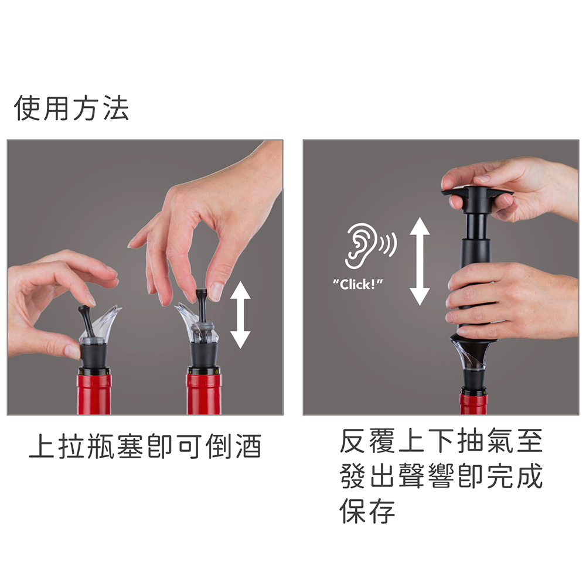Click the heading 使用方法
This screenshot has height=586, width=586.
(x=71, y=108)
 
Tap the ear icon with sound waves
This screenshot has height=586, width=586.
(x=370, y=246)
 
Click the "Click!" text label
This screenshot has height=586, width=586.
(x=357, y=284)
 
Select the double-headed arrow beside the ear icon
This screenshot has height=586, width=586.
(x=420, y=261)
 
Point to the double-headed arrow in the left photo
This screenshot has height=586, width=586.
(x=240, y=315)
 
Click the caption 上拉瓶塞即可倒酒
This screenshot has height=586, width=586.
(x=145, y=446)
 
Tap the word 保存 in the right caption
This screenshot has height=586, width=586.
(x=367, y=510)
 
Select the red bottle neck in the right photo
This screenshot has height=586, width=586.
(x=473, y=402)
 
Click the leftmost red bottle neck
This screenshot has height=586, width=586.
(x=94, y=393)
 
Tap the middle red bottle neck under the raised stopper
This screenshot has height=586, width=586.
(x=204, y=393)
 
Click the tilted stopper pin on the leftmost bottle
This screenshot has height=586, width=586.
(x=87, y=321)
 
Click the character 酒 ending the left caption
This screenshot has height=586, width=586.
(x=248, y=446)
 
